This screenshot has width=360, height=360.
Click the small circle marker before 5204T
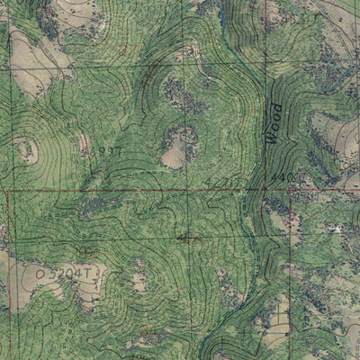click(40, 271)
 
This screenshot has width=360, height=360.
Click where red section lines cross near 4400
click(290, 191)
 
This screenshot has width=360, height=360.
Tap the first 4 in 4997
click(93, 152)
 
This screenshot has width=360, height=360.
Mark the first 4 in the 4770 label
click(209, 184)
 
